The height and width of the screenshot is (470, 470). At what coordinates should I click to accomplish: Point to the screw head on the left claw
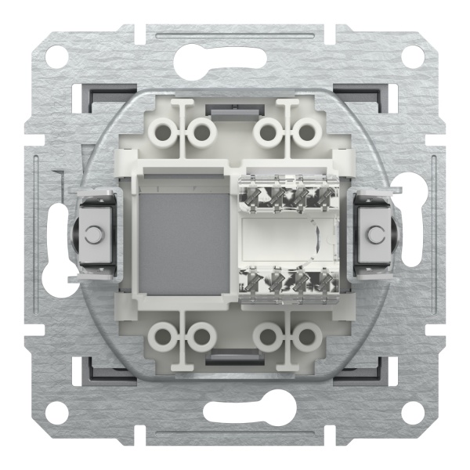93,234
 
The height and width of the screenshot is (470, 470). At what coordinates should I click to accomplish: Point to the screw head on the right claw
377,234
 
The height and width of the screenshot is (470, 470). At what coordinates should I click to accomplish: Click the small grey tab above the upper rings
235,106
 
